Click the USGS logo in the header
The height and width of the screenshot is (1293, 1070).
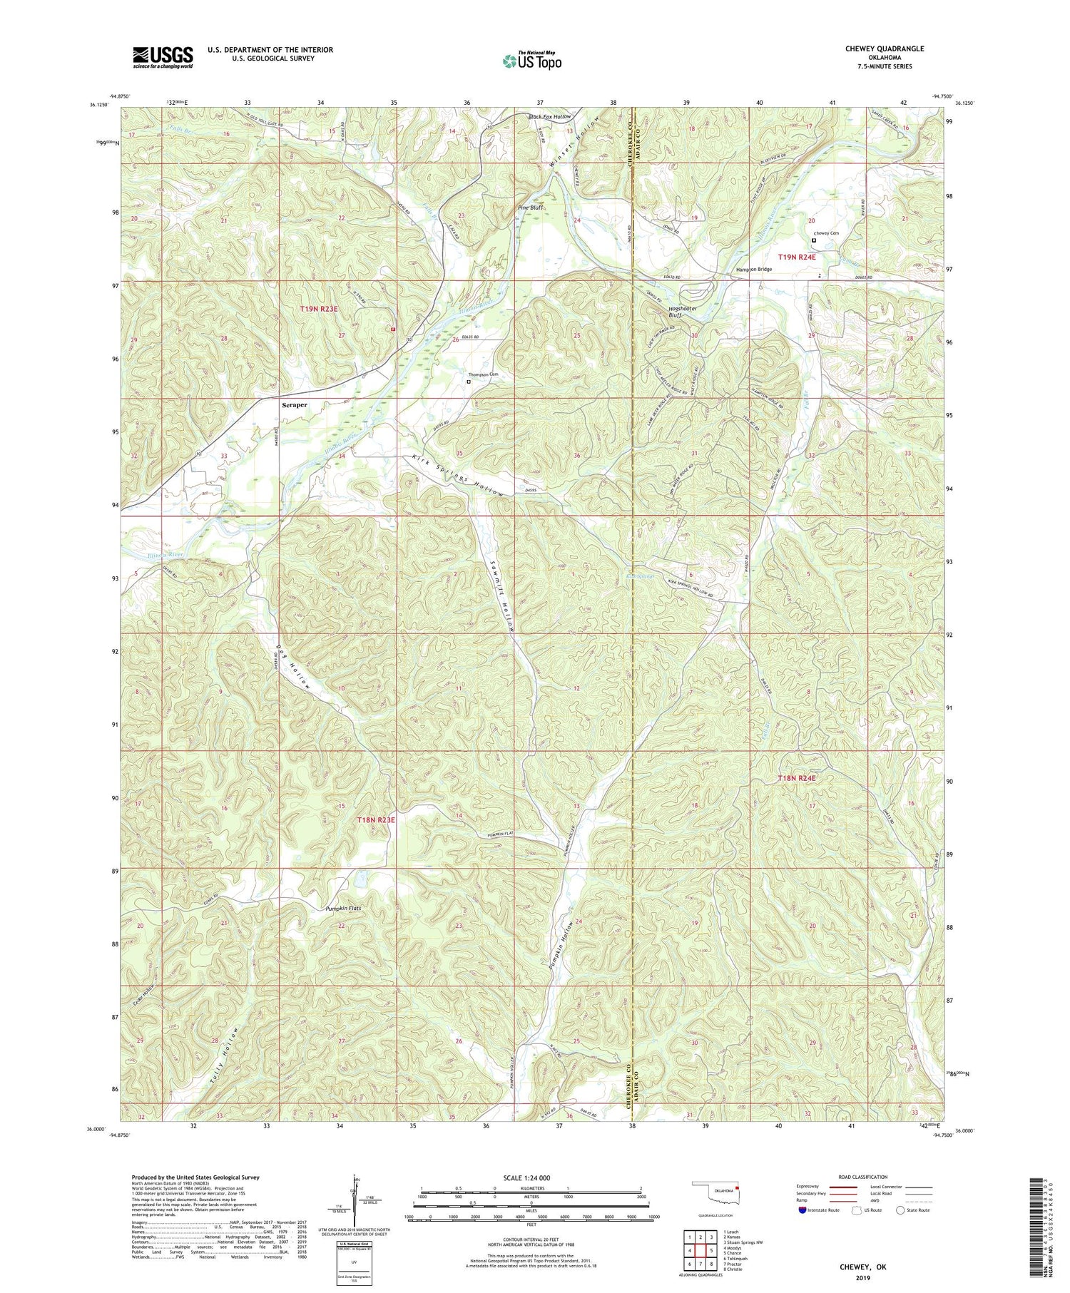tap(162, 57)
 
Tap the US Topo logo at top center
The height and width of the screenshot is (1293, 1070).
tap(531, 61)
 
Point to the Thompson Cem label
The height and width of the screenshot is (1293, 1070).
tap(482, 374)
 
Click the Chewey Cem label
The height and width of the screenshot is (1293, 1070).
tap(825, 233)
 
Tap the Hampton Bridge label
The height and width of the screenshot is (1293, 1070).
tap(754, 270)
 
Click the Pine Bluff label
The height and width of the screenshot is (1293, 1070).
tap(530, 208)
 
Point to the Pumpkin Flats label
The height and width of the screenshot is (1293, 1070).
tap(344, 909)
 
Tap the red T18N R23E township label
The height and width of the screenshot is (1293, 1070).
tap(376, 820)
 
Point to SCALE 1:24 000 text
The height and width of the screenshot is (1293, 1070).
tap(531, 1177)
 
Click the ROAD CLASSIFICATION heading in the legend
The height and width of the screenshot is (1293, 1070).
tap(863, 1177)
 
